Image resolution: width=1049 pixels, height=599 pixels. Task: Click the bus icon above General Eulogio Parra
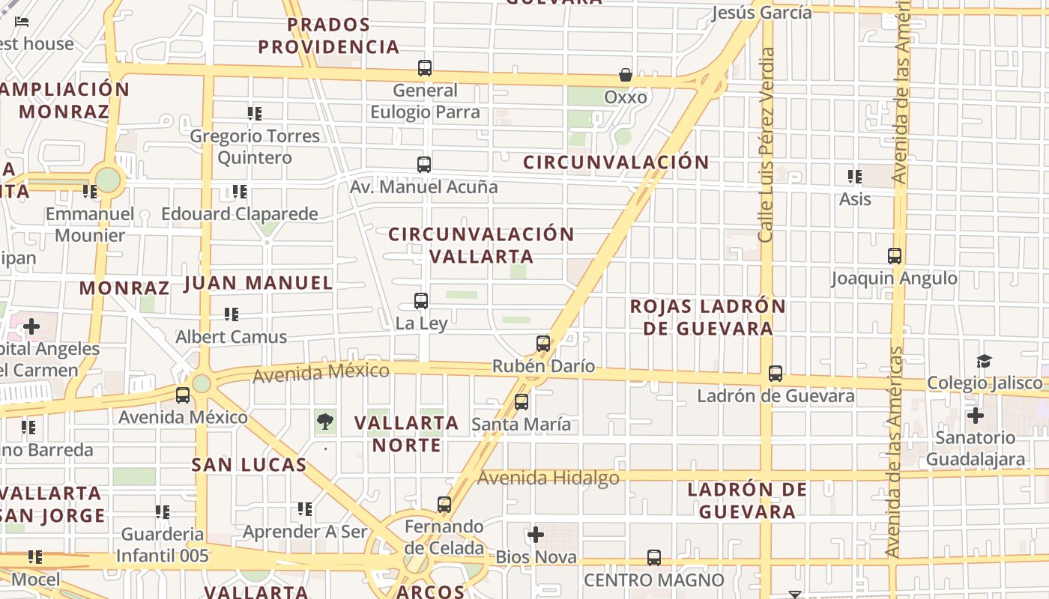tap(425, 68)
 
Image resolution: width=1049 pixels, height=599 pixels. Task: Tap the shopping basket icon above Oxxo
tap(626, 75)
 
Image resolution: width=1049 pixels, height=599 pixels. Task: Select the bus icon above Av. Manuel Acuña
tap(424, 164)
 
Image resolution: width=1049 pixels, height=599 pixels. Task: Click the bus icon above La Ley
tap(421, 301)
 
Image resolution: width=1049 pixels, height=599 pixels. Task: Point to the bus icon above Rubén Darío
tap(543, 344)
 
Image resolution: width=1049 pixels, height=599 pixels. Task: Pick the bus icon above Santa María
tap(522, 402)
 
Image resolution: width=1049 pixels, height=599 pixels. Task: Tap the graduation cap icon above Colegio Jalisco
tap(984, 361)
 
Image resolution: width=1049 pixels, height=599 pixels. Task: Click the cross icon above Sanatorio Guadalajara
tap(975, 415)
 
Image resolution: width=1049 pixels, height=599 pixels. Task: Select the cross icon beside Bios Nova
tap(536, 535)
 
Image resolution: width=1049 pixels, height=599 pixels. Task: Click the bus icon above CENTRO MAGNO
tap(654, 558)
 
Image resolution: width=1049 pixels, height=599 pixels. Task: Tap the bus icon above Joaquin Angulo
tap(895, 256)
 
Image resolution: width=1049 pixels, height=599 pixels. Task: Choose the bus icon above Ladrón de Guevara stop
tap(776, 374)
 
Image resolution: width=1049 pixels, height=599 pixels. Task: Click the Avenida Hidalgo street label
tap(548, 478)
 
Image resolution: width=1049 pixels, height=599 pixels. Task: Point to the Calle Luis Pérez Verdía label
tap(766, 145)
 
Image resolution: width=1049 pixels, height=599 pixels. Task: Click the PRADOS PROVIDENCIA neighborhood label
tap(329, 36)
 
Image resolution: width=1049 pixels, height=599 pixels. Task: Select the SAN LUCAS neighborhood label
tap(249, 465)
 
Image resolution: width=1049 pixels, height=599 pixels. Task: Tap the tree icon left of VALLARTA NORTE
tap(325, 422)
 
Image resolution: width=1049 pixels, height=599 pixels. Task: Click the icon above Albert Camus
tap(232, 314)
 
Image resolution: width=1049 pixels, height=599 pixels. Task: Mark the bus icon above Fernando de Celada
tap(444, 505)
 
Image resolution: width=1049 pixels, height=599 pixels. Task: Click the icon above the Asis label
tap(854, 177)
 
